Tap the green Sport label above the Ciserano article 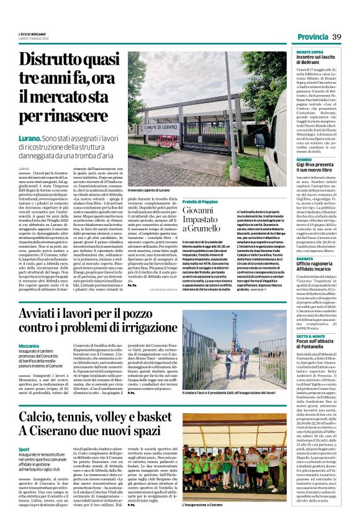click(x=24, y=448)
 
